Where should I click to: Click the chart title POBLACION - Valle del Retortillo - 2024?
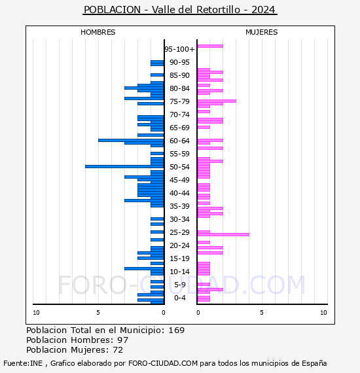(180, 10)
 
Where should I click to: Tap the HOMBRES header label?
(98, 32)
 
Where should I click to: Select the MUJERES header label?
(261, 32)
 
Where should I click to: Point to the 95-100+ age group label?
(179, 49)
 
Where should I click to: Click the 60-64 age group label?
(179, 141)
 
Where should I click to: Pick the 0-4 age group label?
(179, 298)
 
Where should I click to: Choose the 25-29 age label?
(179, 232)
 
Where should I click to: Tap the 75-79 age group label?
(179, 101)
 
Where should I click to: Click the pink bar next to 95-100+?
(210, 46)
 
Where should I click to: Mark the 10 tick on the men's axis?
(36, 313)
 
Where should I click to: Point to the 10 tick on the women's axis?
(323, 313)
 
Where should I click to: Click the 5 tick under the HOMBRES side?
(98, 313)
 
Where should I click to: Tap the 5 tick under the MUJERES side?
(261, 313)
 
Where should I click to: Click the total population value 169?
(177, 330)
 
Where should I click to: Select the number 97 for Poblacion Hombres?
(122, 340)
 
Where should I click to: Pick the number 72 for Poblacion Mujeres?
(118, 350)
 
